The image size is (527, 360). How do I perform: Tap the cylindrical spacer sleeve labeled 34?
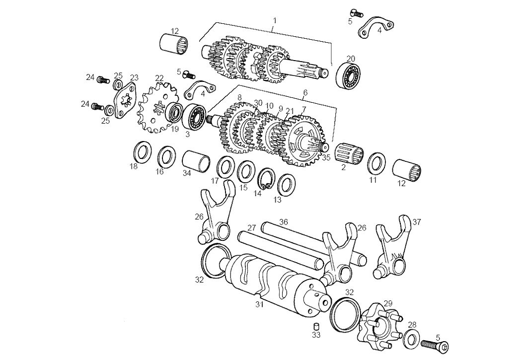click(195, 161)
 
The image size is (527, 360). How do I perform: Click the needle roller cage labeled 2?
click(348, 152)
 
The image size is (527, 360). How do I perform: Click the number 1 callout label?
click(275, 20)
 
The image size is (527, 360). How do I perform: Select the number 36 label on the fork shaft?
click(283, 221)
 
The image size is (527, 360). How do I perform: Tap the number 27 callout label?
click(252, 228)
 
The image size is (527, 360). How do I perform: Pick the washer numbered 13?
click(287, 184)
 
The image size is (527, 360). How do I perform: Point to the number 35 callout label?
click(326, 158)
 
